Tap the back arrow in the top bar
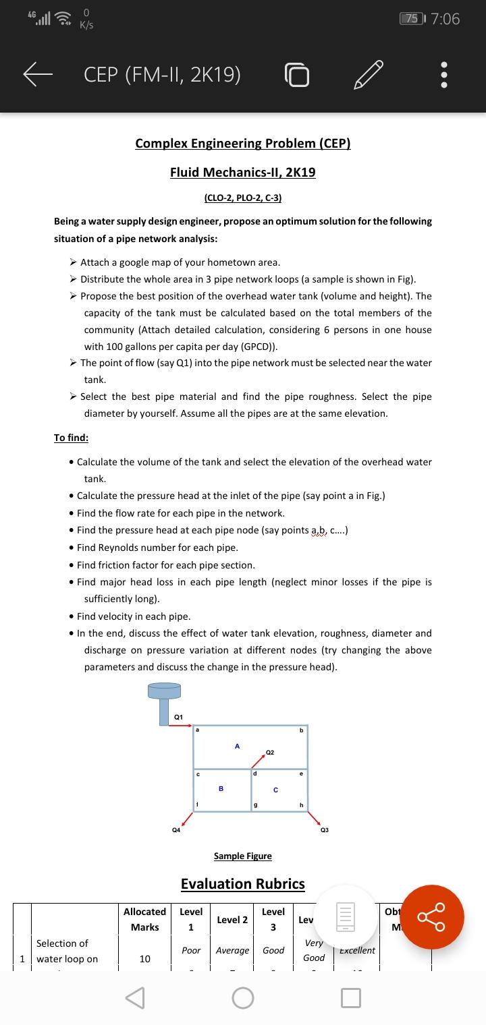(38, 75)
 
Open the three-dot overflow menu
(443, 76)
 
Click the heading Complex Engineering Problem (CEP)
(243, 144)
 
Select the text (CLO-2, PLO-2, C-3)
(243, 198)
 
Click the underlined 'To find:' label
(71, 438)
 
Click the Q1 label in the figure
(178, 716)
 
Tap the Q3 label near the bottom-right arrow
(325, 830)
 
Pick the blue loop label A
(237, 746)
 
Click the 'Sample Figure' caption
(243, 856)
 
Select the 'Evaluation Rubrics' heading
(243, 884)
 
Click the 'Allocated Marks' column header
(145, 919)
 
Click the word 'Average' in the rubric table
(232, 950)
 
